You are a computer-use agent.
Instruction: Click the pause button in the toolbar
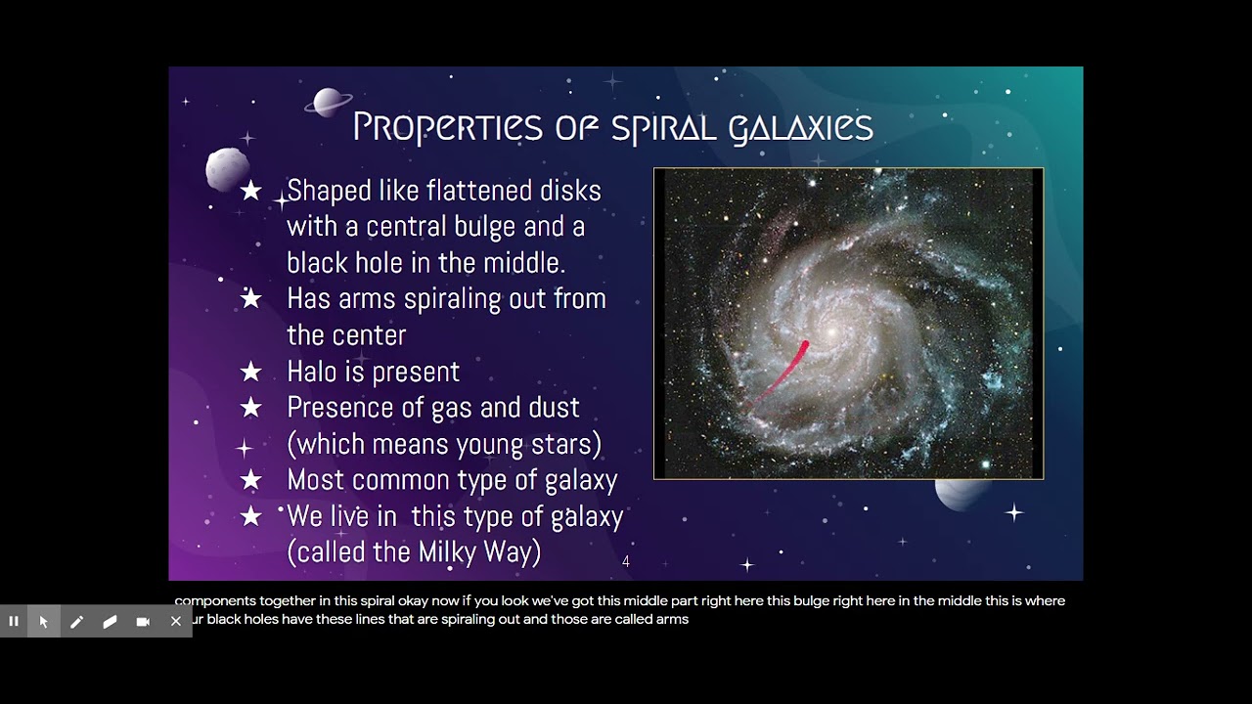pos(14,621)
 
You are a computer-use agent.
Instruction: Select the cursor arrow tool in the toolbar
pos(44,621)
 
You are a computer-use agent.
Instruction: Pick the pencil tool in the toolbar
pos(76,621)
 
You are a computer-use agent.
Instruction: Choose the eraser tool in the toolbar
pos(110,621)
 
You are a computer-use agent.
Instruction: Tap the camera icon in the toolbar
pos(143,621)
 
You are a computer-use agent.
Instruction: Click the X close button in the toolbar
pos(175,621)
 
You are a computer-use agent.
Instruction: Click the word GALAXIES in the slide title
pos(800,128)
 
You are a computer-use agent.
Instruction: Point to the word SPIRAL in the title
pos(663,128)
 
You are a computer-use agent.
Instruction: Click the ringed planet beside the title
pos(328,102)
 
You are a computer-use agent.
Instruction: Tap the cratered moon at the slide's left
pos(227,169)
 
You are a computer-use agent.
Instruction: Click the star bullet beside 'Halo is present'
pos(251,372)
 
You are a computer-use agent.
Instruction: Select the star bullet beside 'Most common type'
pos(251,480)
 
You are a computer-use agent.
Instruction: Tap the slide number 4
pos(626,561)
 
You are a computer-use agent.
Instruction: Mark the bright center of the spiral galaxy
pos(831,332)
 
